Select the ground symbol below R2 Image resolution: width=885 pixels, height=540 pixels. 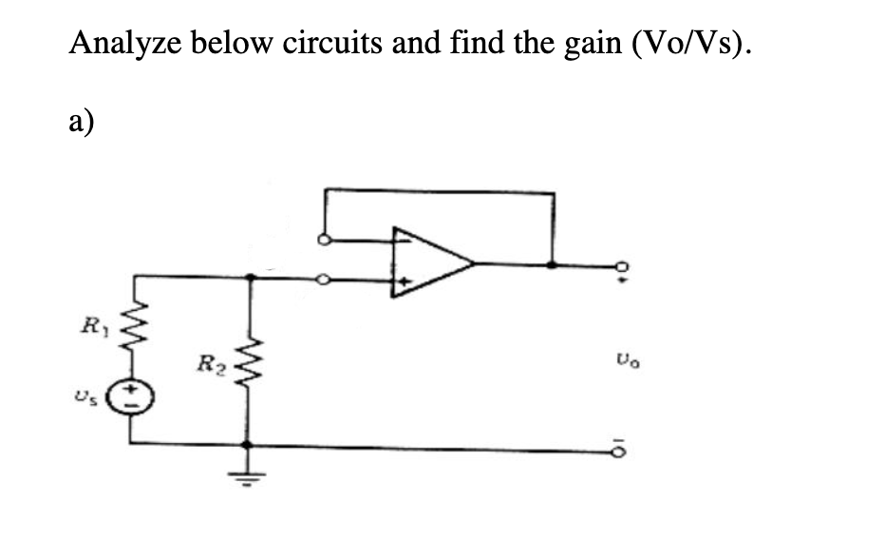248,474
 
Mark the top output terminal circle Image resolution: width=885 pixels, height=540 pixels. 623,265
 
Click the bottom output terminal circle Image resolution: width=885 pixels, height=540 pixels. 623,445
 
